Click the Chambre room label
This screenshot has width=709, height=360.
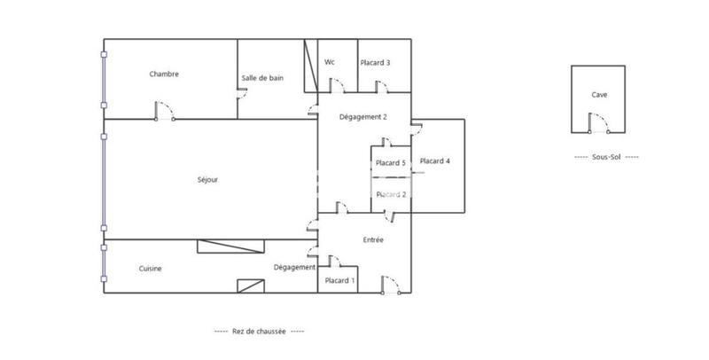click(x=164, y=74)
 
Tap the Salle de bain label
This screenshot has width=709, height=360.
click(x=262, y=79)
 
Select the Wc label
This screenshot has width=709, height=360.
click(x=330, y=62)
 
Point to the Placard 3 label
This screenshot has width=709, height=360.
click(x=375, y=63)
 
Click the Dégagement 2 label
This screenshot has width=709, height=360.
click(x=363, y=117)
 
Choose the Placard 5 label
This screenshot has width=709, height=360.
click(x=390, y=163)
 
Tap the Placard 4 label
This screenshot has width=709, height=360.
click(x=435, y=161)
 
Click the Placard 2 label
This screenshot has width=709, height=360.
click(x=390, y=194)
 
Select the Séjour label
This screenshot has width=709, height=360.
click(x=207, y=180)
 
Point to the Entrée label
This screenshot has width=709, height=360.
click(x=373, y=240)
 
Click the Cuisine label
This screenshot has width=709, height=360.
click(x=150, y=269)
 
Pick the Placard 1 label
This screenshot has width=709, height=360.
click(x=339, y=281)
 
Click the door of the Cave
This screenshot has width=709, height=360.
click(x=597, y=124)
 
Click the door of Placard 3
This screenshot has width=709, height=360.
click(x=382, y=85)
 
